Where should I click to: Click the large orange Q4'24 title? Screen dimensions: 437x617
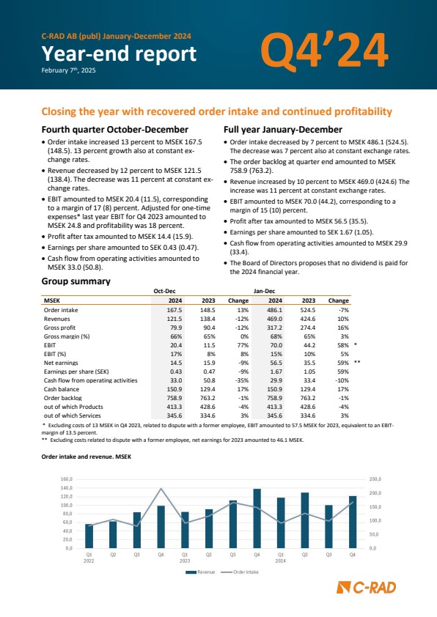324,50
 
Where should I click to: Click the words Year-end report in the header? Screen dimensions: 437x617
119,54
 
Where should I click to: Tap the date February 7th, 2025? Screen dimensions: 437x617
68,70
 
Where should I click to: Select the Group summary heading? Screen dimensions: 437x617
76,281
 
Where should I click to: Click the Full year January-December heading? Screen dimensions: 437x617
283,130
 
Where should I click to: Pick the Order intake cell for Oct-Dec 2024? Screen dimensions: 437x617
175,310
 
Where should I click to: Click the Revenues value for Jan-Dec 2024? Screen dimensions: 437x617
275,319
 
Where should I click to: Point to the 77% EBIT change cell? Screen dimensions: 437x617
243,345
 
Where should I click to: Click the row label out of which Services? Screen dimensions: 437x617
73,415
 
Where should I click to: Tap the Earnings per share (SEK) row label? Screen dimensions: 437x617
76,372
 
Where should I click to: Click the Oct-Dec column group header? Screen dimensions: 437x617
164,291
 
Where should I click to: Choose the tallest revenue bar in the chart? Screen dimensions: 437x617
257,518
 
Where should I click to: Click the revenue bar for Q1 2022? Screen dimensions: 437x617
89,536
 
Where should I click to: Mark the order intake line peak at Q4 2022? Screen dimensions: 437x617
161,488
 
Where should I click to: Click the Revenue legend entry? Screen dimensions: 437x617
200,572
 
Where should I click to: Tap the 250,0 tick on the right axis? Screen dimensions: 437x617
375,479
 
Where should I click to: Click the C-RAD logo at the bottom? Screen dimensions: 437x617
367,588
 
